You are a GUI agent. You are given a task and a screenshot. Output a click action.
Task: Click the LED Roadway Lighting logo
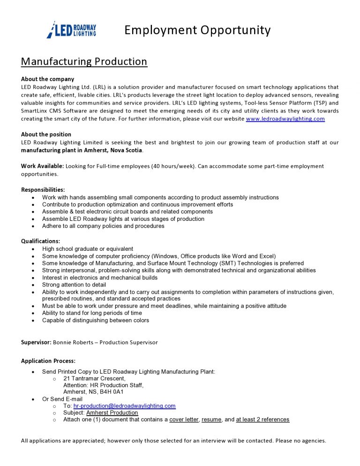point(72,30)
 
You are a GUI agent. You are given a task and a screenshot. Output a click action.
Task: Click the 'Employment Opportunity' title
point(197,30)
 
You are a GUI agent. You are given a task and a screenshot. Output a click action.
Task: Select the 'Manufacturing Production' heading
point(84,61)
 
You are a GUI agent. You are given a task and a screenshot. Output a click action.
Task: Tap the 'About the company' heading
point(47,79)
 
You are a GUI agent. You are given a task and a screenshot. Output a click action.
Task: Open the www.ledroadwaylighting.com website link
point(285,119)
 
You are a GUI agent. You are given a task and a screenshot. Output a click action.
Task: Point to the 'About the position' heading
point(46,135)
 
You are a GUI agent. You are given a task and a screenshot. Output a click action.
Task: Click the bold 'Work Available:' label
point(42,166)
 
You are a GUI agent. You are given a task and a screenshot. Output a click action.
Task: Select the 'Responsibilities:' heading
point(43,190)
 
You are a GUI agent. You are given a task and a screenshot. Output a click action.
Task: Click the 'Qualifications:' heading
point(41,241)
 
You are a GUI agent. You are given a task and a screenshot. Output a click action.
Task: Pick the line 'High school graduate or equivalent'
point(88,249)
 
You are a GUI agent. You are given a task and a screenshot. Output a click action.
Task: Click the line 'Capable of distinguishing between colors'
point(96,321)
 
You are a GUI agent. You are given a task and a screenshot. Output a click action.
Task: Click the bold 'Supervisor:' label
point(36,342)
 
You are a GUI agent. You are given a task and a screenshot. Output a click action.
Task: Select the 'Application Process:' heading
point(48,361)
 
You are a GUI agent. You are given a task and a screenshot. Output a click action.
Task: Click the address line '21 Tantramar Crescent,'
point(94,378)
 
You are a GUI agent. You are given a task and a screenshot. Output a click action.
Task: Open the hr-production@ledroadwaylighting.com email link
point(124,406)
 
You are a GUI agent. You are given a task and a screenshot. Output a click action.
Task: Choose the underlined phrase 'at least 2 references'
point(262,420)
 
